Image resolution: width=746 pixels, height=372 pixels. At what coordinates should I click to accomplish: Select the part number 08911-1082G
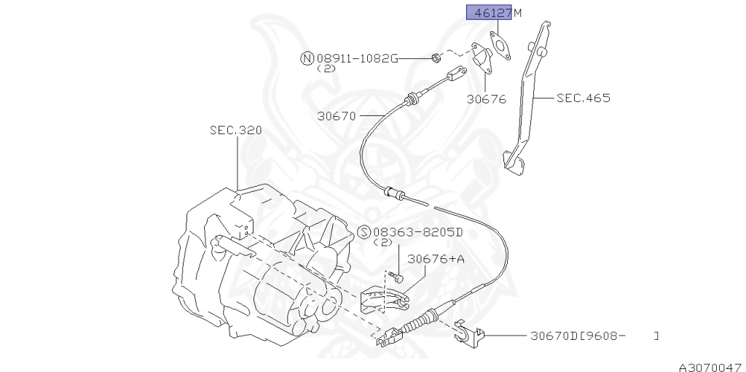356,58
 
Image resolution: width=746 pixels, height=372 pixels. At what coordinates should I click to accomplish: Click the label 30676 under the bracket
486,100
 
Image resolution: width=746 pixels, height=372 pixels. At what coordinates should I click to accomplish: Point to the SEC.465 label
583,97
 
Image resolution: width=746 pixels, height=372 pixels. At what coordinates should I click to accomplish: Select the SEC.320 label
236,131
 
